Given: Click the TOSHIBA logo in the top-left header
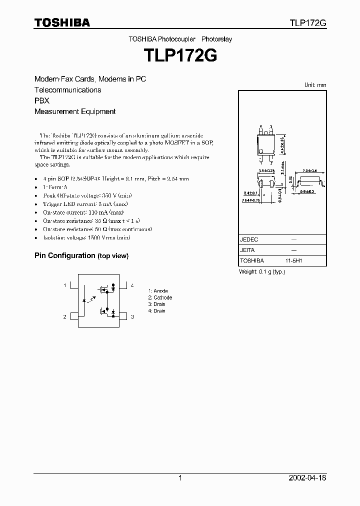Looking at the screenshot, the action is pos(62,22).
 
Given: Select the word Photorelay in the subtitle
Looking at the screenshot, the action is pos(217,38).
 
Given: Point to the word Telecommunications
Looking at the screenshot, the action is pos(67,90).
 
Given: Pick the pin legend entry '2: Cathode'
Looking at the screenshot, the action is pos(160,297).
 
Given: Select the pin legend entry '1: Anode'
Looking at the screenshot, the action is pos(158,291).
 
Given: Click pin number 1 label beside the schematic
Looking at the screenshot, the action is pos(64,285).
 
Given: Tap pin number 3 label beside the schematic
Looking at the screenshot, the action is pos(132,316).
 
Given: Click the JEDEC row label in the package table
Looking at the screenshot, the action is pos(249,239).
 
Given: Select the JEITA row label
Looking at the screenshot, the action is pos(247,250).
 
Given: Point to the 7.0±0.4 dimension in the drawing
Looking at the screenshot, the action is pos(309,170).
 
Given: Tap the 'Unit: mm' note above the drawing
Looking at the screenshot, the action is pos(315,85).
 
